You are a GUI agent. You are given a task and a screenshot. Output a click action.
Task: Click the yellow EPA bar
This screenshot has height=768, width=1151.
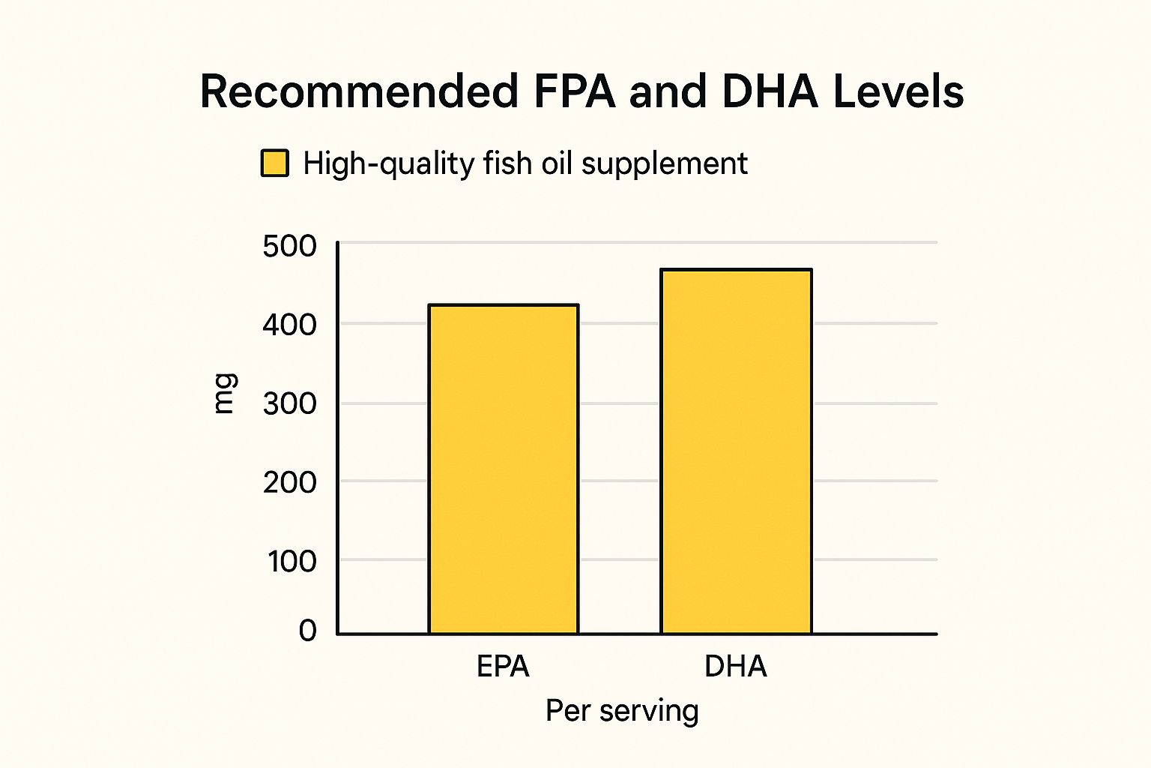(x=503, y=469)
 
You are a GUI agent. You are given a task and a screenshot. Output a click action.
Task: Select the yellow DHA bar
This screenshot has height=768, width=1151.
(x=736, y=451)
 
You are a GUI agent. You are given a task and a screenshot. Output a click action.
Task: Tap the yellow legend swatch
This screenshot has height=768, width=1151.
(x=274, y=163)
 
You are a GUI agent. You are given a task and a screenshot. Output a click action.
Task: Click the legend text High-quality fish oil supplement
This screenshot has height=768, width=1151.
(x=525, y=163)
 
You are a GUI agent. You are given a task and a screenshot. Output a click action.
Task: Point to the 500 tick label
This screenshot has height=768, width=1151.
(x=289, y=246)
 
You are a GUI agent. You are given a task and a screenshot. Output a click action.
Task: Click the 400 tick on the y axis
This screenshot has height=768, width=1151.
(x=289, y=325)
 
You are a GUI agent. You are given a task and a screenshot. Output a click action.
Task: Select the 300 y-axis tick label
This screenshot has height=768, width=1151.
(x=289, y=404)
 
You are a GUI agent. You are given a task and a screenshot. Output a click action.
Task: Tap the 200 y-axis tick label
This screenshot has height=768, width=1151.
(x=289, y=482)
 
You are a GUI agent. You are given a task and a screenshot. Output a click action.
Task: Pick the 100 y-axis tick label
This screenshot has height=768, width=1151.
(x=291, y=561)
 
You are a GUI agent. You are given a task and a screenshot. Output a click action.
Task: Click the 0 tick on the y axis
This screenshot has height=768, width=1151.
(x=307, y=630)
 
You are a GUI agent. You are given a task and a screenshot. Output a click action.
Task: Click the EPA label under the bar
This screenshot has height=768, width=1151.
(x=503, y=666)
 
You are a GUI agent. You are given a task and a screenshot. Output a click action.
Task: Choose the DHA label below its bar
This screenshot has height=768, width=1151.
(x=735, y=666)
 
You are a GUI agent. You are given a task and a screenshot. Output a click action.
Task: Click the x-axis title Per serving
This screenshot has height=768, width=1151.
(x=622, y=710)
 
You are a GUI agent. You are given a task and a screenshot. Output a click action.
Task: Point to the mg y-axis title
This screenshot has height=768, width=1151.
(x=224, y=393)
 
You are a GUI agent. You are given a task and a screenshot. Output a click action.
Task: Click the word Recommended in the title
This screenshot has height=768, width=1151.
(x=359, y=91)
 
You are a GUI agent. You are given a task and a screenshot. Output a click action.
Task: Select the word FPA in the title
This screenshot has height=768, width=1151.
(x=574, y=91)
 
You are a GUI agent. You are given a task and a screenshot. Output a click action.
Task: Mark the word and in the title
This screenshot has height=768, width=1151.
(x=668, y=91)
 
